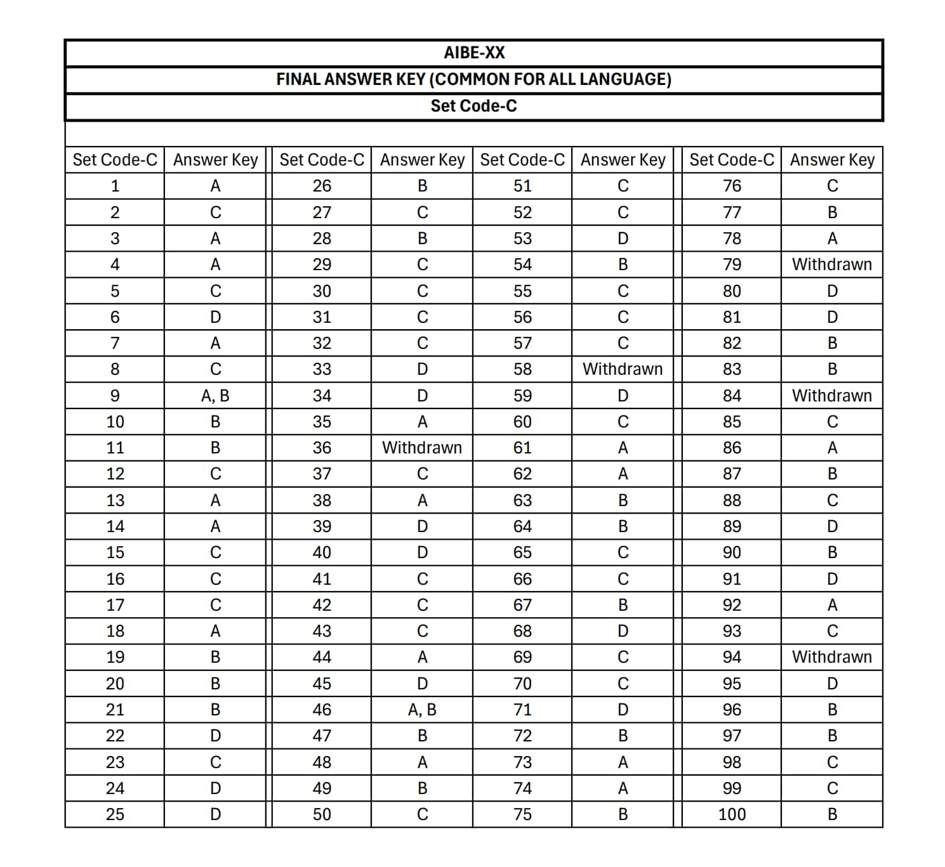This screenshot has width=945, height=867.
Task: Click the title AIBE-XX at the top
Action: click(x=473, y=53)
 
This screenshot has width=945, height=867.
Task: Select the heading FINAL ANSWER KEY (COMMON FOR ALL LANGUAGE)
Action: click(x=473, y=79)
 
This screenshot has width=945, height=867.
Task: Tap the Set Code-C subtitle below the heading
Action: click(x=473, y=106)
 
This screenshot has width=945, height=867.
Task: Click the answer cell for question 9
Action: click(x=215, y=396)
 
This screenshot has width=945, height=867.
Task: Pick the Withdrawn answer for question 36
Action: click(x=422, y=448)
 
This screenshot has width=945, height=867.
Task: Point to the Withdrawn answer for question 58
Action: click(x=623, y=369)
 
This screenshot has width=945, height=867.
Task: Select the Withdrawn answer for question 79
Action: click(x=831, y=264)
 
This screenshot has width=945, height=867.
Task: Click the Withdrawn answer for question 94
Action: click(x=831, y=657)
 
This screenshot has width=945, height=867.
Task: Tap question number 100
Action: click(x=732, y=814)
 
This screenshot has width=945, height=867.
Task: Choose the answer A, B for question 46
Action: click(x=422, y=710)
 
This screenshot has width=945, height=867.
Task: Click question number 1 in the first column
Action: click(x=115, y=186)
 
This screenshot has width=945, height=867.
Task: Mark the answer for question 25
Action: click(x=215, y=814)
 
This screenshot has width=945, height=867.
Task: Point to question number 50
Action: click(x=322, y=814)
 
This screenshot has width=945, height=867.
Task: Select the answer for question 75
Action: click(x=623, y=814)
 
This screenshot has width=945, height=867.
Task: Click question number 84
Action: click(x=732, y=396)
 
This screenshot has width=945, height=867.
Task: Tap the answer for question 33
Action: click(x=422, y=369)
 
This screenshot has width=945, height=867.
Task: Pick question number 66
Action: click(x=522, y=579)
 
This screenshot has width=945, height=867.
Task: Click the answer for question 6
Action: click(x=215, y=317)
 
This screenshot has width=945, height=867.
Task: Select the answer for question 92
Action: click(x=831, y=605)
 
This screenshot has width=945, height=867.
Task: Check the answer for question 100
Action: click(x=831, y=814)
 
